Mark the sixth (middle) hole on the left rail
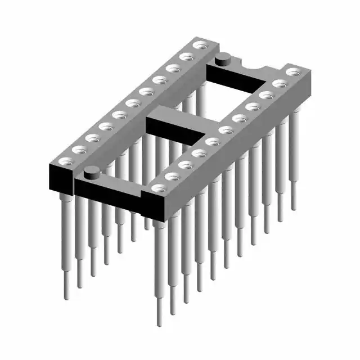click(133, 103)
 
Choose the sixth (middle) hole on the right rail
click(226, 130)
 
